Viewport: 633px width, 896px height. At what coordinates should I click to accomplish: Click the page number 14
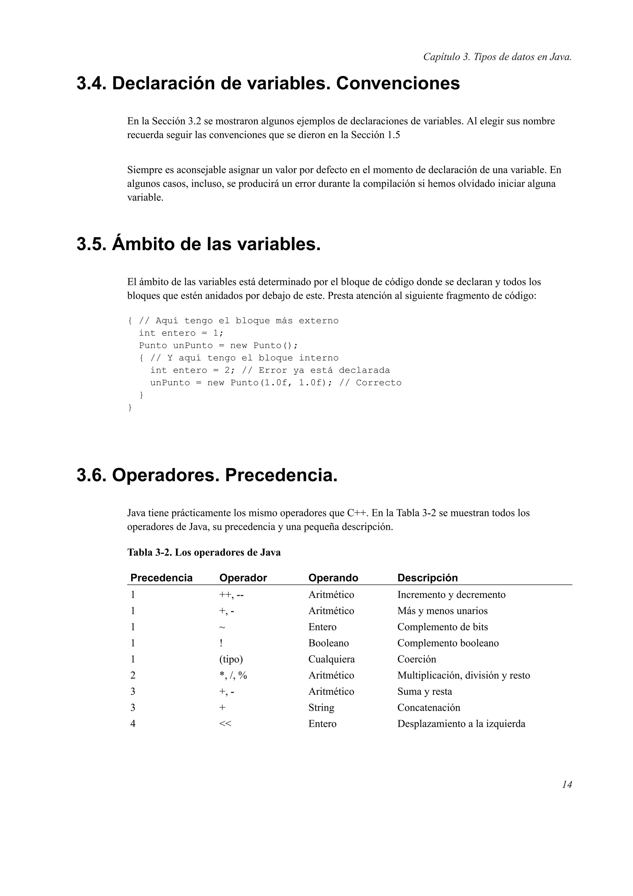[567, 784]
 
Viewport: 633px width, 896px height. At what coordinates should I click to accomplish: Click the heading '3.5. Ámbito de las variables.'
[198, 244]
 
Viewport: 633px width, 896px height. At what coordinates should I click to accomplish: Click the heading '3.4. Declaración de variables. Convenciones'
[268, 83]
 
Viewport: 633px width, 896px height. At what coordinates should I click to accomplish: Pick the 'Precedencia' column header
[161, 578]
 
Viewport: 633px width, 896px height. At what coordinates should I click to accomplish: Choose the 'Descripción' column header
[427, 578]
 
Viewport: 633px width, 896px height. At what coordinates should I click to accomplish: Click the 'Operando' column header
[333, 578]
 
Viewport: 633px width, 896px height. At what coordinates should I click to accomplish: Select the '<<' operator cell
[225, 723]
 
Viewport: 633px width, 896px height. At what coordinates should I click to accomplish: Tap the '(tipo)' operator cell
[231, 659]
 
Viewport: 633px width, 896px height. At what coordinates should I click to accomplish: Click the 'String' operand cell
[321, 707]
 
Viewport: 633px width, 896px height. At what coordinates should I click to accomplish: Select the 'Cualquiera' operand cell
[332, 659]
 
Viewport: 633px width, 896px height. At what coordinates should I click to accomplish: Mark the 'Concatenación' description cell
[429, 707]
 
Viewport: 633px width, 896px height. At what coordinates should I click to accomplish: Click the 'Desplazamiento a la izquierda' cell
[461, 723]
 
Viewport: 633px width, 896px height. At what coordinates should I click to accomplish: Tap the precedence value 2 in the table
[133, 675]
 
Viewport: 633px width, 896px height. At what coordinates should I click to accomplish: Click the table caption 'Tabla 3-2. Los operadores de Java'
[204, 552]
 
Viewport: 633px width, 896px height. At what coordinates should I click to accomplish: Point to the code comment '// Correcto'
[370, 383]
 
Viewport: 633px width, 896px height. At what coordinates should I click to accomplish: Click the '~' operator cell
[222, 627]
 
